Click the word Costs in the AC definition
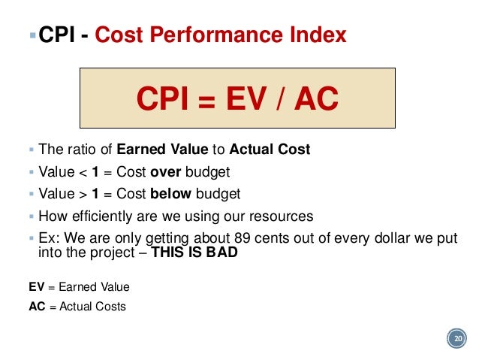(x=110, y=306)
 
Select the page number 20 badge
(x=456, y=340)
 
